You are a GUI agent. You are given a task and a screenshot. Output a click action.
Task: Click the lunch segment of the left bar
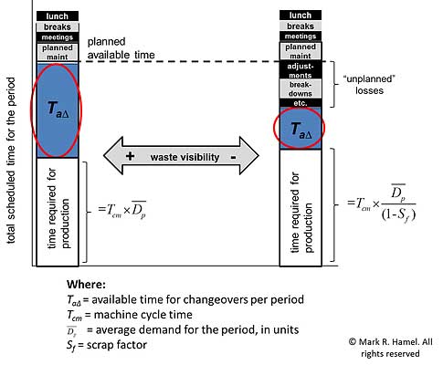pyautogui.click(x=58, y=16)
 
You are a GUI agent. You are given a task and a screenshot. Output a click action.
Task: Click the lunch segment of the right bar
pyautogui.click(x=301, y=16)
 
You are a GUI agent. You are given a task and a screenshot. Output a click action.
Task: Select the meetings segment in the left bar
pyautogui.click(x=58, y=36)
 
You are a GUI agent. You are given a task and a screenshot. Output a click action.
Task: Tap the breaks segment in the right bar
pyautogui.click(x=301, y=27)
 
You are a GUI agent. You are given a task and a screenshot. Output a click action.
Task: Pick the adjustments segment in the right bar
pyautogui.click(x=301, y=71)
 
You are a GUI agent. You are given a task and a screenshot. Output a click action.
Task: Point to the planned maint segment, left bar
pyautogui.click(x=58, y=51)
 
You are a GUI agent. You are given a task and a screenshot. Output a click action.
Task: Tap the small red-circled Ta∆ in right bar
pyautogui.click(x=301, y=130)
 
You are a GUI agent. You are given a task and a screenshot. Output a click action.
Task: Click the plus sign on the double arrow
pyautogui.click(x=130, y=156)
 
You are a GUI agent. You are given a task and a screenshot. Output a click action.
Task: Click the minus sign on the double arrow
pyautogui.click(x=236, y=156)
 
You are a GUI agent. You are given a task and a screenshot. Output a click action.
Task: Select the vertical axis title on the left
pyautogui.click(x=10, y=137)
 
